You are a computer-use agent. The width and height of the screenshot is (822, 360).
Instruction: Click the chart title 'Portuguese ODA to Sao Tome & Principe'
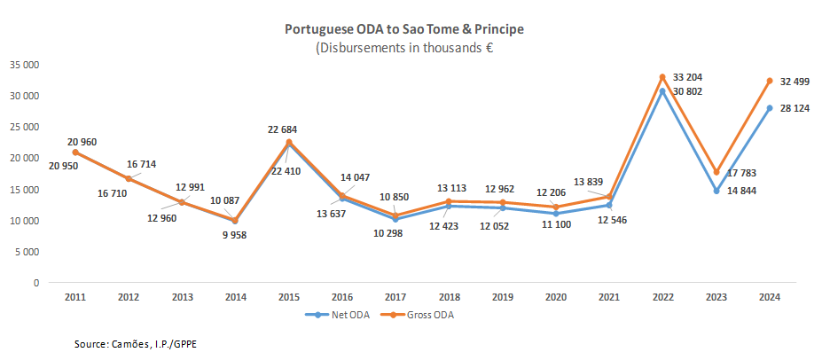tap(403, 29)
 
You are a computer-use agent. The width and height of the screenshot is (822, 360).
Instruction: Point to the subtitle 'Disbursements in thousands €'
tap(404, 48)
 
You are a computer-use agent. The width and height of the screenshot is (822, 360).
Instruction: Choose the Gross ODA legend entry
tap(420, 314)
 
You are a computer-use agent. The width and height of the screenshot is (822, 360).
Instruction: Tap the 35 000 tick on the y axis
tap(24, 65)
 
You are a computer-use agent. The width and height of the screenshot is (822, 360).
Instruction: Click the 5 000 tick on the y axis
tap(27, 252)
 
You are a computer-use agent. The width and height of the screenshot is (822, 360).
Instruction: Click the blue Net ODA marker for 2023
tap(716, 191)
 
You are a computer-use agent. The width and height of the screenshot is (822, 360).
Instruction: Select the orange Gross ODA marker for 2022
tap(662, 77)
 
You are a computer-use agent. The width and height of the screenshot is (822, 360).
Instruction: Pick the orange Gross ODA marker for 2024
tap(770, 81)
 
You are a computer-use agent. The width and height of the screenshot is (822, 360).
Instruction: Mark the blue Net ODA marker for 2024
tap(770, 108)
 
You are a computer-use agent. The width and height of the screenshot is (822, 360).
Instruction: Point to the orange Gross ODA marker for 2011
tap(75, 153)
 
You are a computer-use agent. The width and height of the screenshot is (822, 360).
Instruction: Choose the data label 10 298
tap(393, 232)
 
